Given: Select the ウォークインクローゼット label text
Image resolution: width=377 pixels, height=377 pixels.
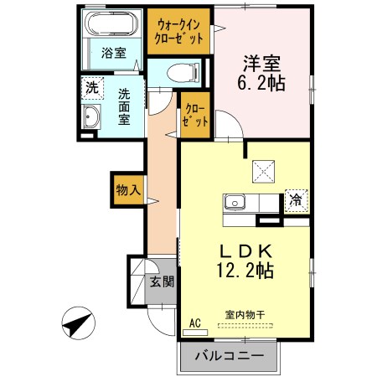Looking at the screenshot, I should coord(178,32).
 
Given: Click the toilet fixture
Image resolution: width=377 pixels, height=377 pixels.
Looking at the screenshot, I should coord(178,73).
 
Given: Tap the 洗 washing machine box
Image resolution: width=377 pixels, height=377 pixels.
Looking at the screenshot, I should coord(90,85).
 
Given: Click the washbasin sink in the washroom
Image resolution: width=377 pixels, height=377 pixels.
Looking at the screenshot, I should coord(90,116).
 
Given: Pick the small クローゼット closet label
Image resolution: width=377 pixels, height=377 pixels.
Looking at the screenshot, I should coord(194,115).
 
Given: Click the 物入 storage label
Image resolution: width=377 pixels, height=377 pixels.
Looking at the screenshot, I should coord(127,189).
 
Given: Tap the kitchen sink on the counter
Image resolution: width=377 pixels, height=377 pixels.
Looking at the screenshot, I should coord(234,203).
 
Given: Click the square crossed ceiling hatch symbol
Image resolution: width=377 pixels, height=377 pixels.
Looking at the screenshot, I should coord(264,171).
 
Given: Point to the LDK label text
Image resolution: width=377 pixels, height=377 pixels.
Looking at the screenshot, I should coord(245,250).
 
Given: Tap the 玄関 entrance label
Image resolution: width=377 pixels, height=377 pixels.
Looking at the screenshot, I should coord(162,282).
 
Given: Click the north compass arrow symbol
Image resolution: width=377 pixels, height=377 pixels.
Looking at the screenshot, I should coord(79,323).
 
